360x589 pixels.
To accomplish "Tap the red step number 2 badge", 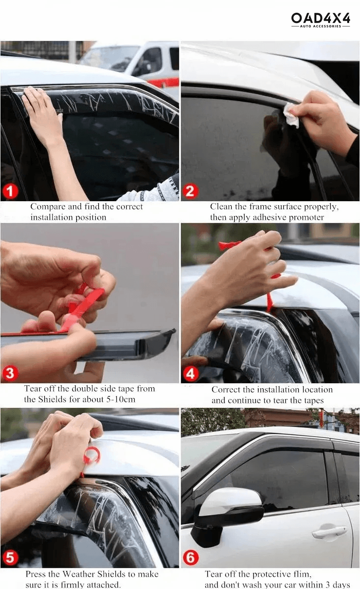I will (191, 190).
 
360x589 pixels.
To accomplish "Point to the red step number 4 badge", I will (191, 374).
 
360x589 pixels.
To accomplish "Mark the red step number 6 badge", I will (191, 558).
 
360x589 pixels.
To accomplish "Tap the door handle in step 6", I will (329, 532).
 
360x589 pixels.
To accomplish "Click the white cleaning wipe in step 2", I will (292, 115).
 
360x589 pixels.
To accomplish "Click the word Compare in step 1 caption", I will (48, 207).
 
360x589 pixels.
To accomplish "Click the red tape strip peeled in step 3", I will (83, 307).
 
